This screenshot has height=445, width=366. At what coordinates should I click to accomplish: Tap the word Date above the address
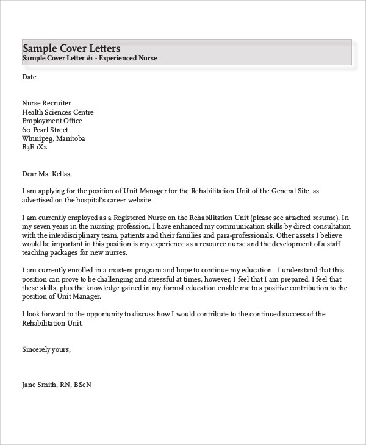tap(29, 77)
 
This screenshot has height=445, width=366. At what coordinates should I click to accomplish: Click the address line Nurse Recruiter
tap(46, 104)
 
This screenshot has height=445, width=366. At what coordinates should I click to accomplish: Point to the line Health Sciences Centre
tap(58, 112)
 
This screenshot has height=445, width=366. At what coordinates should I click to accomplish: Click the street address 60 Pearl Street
tap(45, 130)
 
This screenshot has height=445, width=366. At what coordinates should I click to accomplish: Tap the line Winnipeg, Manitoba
tap(54, 138)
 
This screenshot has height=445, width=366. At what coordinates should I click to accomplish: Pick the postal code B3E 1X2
tap(34, 148)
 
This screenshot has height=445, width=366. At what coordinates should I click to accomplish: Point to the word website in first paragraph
tap(137, 200)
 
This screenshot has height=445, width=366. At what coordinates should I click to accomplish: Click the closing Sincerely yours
tap(46, 349)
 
